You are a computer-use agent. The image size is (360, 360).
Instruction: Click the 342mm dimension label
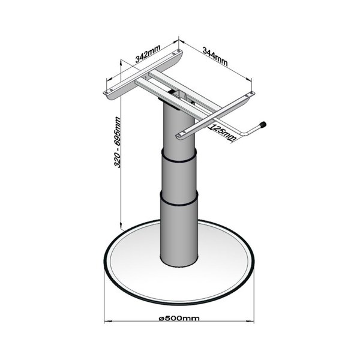(148, 54)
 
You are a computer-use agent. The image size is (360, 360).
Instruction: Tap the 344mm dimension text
(215, 56)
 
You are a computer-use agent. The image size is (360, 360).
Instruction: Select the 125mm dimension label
(223, 133)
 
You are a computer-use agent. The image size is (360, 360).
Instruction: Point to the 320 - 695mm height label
(118, 142)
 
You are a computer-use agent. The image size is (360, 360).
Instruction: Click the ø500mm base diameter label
(179, 318)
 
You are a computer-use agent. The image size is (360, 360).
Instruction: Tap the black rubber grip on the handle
(263, 124)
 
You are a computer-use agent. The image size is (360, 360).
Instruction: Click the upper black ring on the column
(179, 156)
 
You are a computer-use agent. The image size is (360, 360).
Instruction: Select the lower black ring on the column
(179, 199)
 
